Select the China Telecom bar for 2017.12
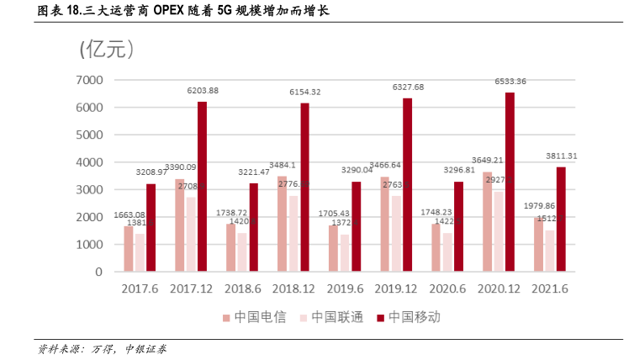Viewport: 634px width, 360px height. [180, 225]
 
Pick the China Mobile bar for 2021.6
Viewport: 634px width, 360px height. [561, 220]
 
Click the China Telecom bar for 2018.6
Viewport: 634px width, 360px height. [231, 248]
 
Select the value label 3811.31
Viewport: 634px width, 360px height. [561, 156]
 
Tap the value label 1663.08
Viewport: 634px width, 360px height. [129, 215]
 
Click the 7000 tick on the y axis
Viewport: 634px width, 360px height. [88, 80]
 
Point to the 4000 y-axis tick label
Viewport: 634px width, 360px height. [88, 162]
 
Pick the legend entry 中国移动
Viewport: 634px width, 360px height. [412, 317]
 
